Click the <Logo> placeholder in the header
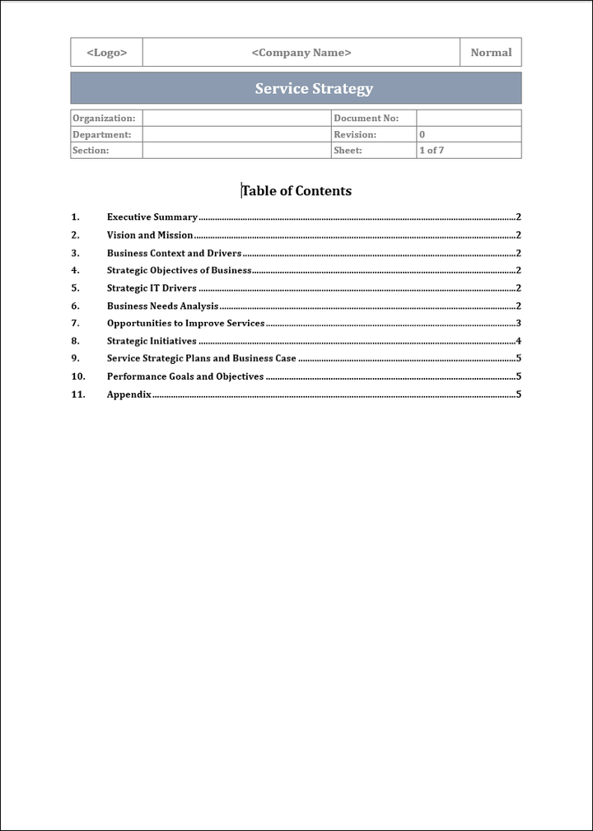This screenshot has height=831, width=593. [x=107, y=53]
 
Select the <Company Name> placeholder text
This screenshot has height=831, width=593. [x=301, y=53]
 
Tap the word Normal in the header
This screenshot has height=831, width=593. [x=491, y=53]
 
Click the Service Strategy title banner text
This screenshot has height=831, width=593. [x=314, y=89]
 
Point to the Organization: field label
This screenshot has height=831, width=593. [x=104, y=119]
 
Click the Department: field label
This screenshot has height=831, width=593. [x=102, y=134]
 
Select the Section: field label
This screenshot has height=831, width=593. [x=91, y=151]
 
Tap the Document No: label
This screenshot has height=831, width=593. [x=366, y=119]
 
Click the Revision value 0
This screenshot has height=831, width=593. [x=423, y=134]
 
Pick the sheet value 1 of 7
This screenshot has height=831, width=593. [x=432, y=151]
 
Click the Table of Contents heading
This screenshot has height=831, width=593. [x=296, y=191]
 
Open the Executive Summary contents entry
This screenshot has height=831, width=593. [x=152, y=217]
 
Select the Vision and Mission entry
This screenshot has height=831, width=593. [x=150, y=236]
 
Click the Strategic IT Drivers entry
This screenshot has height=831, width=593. [x=152, y=288]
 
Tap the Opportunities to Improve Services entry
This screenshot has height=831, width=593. [x=186, y=324]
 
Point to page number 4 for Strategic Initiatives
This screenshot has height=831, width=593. [x=518, y=341]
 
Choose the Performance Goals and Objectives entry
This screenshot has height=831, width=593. [x=185, y=376]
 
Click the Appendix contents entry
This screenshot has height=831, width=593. [x=129, y=394]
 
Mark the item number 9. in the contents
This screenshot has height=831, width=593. [x=76, y=359]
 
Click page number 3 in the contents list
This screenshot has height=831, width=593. [x=518, y=324]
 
